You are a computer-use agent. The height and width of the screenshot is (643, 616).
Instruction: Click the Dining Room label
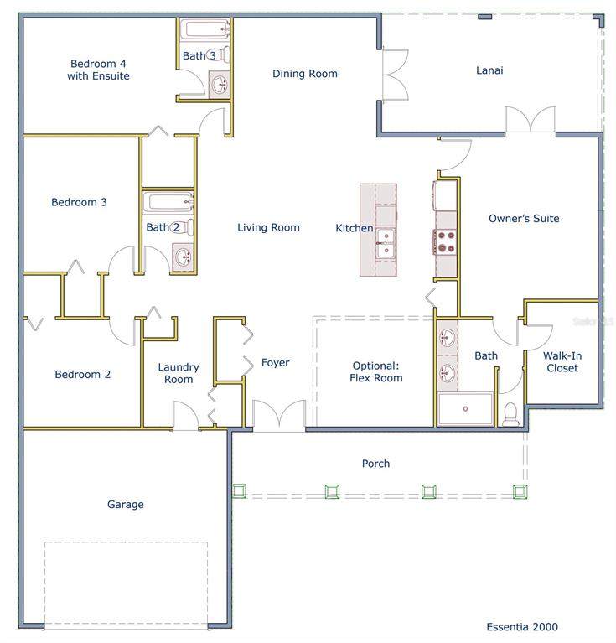click(x=305, y=74)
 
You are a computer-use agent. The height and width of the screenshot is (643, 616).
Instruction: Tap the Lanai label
click(x=489, y=70)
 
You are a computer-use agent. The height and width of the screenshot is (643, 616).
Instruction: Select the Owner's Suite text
click(x=524, y=219)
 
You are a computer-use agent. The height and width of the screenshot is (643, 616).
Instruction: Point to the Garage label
click(x=126, y=505)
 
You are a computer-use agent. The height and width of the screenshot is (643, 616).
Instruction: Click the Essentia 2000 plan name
click(x=522, y=626)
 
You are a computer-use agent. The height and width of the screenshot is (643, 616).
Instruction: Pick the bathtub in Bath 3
click(x=205, y=29)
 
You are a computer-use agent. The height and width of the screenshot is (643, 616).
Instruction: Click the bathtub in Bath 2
click(x=168, y=203)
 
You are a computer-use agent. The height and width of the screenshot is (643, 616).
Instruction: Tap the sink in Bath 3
click(x=220, y=85)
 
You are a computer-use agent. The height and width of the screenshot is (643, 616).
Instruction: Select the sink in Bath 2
click(x=183, y=257)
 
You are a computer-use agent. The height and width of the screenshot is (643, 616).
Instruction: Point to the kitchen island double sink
click(x=386, y=243)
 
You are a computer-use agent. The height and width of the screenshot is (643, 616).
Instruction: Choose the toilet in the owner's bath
click(x=510, y=414)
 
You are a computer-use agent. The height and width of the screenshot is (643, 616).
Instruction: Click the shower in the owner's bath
click(x=466, y=408)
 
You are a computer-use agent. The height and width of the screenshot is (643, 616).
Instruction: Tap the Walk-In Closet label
click(x=562, y=362)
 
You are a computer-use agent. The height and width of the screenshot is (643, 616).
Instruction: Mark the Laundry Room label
click(x=179, y=373)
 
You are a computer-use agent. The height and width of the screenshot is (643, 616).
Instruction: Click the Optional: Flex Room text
click(x=375, y=372)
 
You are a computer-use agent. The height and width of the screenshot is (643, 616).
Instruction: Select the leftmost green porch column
click(x=240, y=490)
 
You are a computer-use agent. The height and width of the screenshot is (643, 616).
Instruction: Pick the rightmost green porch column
click(x=520, y=491)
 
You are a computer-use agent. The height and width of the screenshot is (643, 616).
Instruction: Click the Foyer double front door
click(x=279, y=415)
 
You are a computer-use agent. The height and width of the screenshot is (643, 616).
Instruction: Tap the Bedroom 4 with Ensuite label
click(x=98, y=70)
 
